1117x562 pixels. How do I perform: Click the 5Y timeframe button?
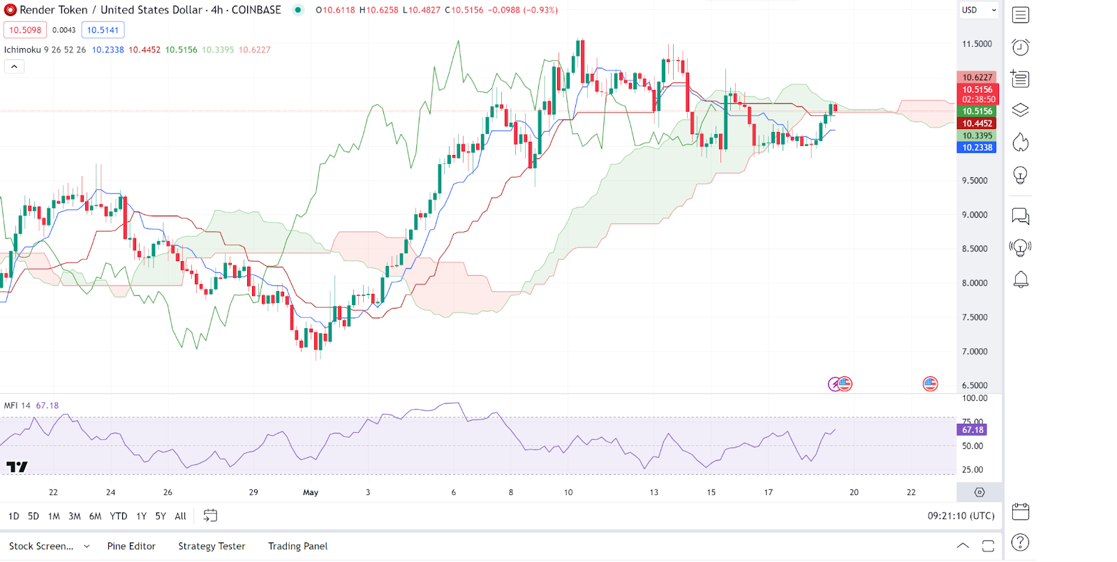coord(161,516)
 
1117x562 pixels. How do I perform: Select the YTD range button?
coord(119,516)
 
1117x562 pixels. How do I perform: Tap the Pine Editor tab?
coord(131,546)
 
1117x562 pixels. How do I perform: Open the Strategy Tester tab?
coord(212,546)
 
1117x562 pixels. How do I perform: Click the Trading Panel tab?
coord(297,546)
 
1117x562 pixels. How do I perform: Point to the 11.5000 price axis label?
coord(977,44)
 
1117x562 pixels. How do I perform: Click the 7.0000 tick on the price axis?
coord(975,351)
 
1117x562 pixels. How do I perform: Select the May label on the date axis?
coord(311,492)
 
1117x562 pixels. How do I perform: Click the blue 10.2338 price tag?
coord(977,147)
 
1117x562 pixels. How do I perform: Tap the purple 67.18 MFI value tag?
coord(972,430)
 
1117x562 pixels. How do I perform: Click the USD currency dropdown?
coord(979,10)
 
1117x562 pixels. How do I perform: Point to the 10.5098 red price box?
coord(25,30)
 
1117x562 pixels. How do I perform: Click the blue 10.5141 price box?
coord(103,30)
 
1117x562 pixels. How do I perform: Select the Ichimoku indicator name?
coord(22,50)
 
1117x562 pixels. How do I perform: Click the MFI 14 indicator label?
coord(17,406)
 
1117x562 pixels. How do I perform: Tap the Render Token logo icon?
coord(10,10)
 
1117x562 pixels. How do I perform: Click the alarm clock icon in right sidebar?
coord(1020,47)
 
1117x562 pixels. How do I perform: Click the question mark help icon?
coord(1020,542)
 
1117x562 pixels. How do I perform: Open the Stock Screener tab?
coord(41,546)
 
